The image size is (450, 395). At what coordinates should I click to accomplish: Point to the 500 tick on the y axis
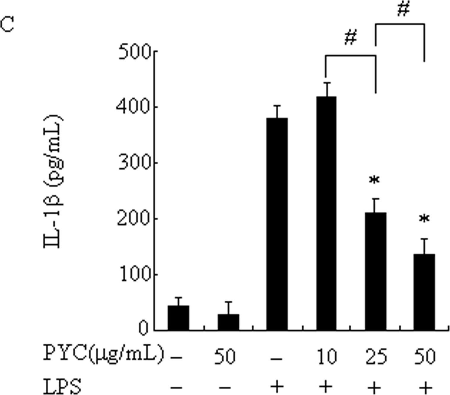[x=134, y=53]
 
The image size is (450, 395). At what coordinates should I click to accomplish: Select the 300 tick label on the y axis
[x=134, y=163]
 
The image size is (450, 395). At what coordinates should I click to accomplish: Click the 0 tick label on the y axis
[x=143, y=329]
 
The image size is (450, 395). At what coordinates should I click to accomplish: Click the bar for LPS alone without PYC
[x=277, y=224]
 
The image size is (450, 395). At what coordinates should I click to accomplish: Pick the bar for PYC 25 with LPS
[x=375, y=271]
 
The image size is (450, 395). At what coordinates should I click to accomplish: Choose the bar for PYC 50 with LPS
[x=424, y=292]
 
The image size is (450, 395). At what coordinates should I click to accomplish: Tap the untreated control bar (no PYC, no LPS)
[x=178, y=318]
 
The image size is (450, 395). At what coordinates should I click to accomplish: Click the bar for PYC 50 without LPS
[x=228, y=322]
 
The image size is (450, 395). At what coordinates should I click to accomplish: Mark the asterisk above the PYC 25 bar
[x=374, y=180]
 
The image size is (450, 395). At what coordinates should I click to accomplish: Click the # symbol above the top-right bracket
[x=403, y=10]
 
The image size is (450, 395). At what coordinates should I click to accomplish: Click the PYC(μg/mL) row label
[x=103, y=354]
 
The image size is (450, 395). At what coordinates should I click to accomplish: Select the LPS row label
[x=62, y=387]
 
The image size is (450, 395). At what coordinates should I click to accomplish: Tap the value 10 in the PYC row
[x=327, y=356]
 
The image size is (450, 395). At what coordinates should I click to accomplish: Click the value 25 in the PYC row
[x=376, y=356]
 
